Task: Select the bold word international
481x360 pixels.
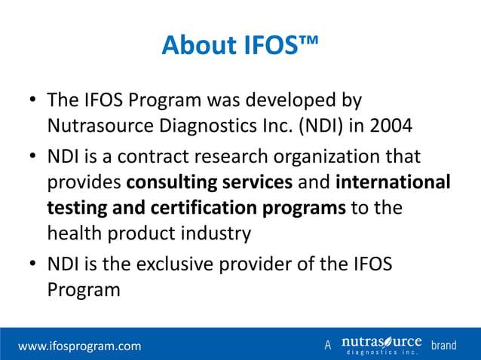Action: pyautogui.click(x=393, y=183)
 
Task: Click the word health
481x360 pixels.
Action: pyautogui.click(x=75, y=233)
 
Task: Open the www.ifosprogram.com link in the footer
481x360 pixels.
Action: pyautogui.click(x=80, y=346)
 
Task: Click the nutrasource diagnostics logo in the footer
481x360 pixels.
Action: pyautogui.click(x=380, y=346)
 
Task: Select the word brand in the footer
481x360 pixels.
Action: pyautogui.click(x=444, y=346)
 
